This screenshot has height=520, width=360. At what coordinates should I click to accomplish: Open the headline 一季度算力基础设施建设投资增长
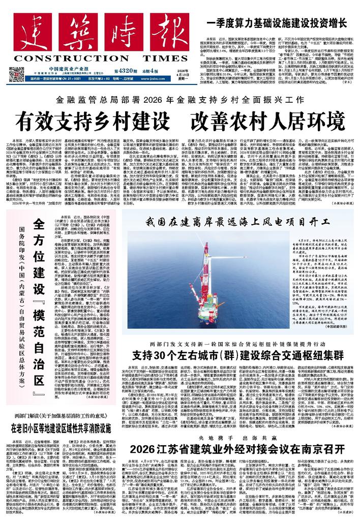pyautogui.click(x=277, y=23)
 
